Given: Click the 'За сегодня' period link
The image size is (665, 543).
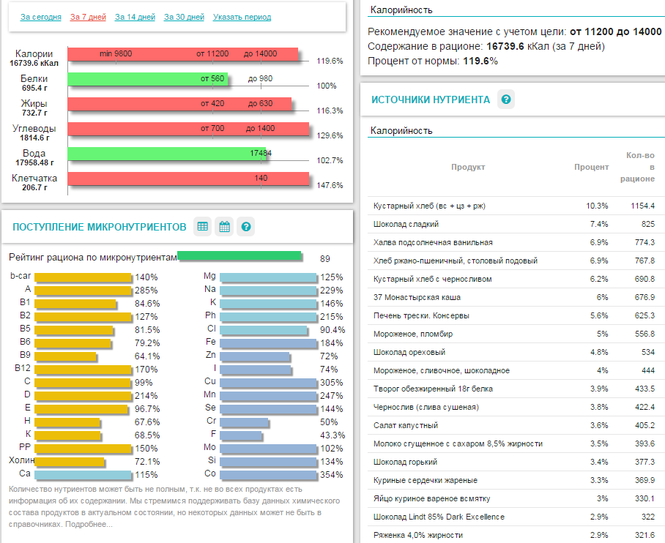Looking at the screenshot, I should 41,17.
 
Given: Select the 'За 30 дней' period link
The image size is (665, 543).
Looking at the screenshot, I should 184,17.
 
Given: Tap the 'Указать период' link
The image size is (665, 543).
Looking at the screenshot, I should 242,17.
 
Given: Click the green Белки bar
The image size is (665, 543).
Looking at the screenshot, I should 147,79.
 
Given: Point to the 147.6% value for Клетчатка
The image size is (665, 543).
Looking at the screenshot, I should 330,185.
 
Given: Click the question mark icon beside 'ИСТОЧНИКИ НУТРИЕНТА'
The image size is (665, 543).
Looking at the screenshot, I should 505,100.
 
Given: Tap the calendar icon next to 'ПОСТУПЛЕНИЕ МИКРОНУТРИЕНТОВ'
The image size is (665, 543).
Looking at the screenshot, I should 225,227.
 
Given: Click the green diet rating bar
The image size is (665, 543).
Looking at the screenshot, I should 239,255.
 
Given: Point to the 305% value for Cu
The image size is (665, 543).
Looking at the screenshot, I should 332,382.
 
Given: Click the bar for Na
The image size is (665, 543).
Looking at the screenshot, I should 268,290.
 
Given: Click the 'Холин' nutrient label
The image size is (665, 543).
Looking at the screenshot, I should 20,461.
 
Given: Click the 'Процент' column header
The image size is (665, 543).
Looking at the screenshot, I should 591,167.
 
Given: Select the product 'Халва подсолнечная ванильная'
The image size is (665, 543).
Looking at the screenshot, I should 433,242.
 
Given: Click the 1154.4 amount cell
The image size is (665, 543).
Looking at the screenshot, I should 642,206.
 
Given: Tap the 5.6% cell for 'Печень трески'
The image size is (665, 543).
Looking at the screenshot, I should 598,315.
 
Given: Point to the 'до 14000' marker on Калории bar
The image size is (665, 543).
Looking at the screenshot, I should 260,54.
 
